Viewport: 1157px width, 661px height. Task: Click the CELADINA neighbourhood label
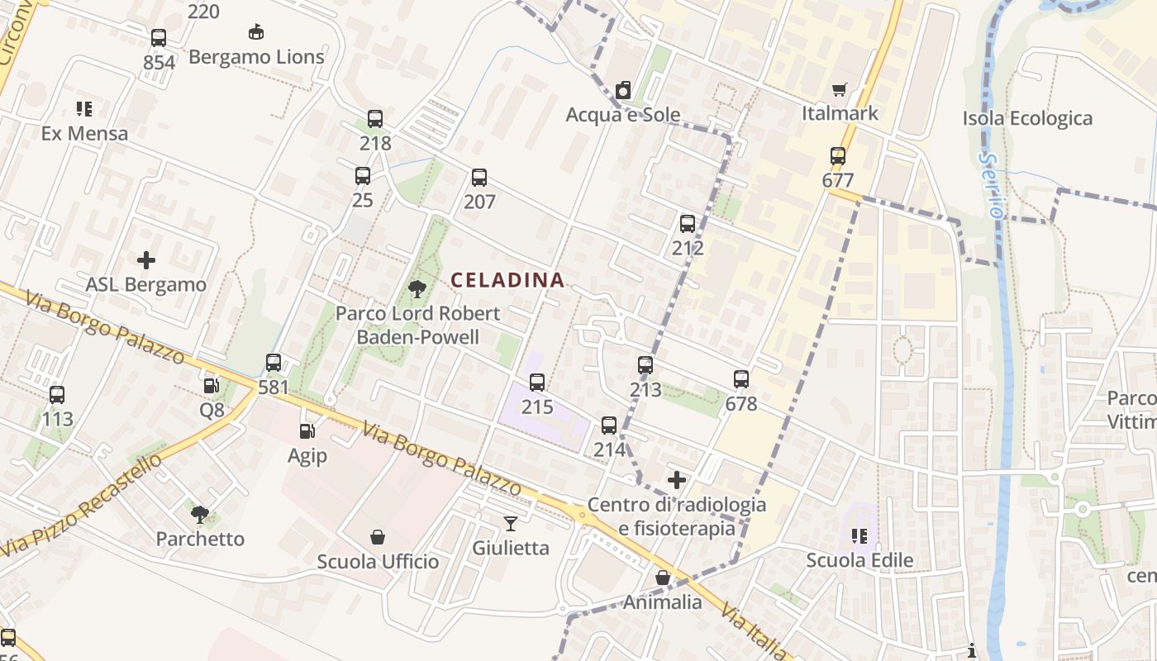[x=507, y=281]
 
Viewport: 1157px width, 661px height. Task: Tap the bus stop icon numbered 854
[x=159, y=38]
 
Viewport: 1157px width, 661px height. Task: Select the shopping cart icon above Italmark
[x=840, y=89]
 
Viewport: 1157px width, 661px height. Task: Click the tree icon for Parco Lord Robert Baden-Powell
[x=417, y=289]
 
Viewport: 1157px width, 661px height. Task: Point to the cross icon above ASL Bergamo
[x=146, y=260]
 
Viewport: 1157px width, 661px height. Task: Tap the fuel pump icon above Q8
[x=212, y=386]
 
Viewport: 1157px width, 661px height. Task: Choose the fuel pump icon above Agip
[x=307, y=430]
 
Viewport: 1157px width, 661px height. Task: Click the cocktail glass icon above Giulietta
[x=511, y=523]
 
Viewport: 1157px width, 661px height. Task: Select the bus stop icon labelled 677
[x=838, y=155]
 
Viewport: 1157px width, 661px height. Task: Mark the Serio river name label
[x=989, y=184]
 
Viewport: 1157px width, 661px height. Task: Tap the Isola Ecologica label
[x=1027, y=119]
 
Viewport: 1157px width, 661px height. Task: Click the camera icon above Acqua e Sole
[x=623, y=90]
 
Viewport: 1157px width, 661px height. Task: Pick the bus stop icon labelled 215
[x=537, y=383]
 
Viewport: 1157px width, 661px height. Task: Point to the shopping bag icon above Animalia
[x=662, y=578]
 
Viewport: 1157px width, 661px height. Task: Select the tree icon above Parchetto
[x=200, y=515]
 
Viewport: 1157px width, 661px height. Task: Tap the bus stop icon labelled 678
[x=741, y=379]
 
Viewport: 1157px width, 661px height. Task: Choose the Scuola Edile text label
[x=859, y=560]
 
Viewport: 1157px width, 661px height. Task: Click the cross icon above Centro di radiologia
[x=677, y=480]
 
